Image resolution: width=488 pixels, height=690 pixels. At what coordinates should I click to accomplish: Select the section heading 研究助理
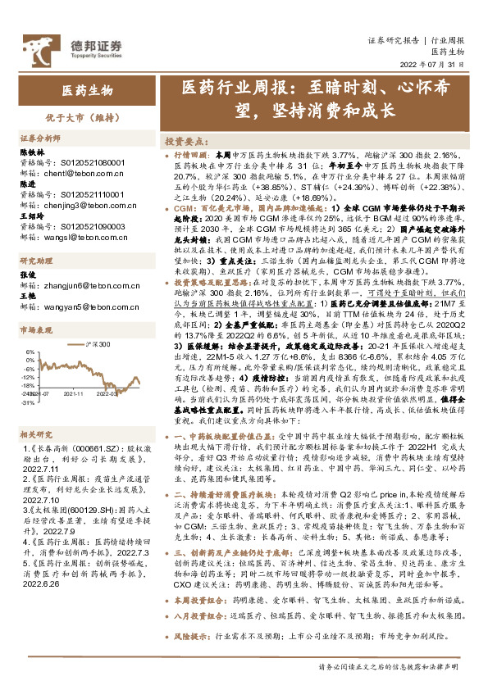click(x=35, y=261)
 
